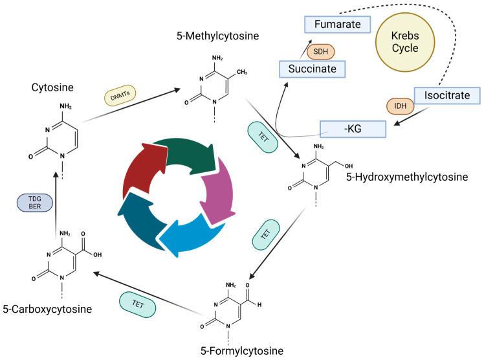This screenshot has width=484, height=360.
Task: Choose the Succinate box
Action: coord(311,67)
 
